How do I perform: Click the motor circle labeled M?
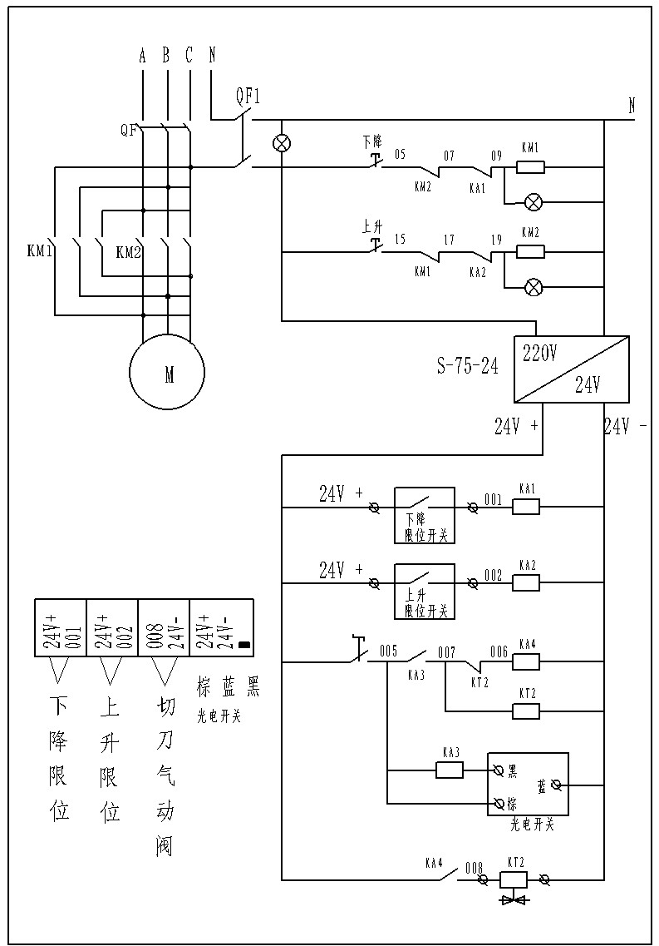point(167,374)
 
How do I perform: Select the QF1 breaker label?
point(248,96)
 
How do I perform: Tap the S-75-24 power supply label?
point(468,366)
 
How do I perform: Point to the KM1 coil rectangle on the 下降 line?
point(530,167)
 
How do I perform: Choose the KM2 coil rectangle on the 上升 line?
point(530,251)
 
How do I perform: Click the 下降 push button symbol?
point(375,158)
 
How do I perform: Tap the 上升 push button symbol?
point(375,242)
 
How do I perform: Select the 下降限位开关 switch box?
point(424,515)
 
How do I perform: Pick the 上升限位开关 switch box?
point(424,591)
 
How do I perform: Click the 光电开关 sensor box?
point(528,785)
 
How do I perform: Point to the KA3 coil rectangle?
point(450,770)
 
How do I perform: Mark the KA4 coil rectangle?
point(526,661)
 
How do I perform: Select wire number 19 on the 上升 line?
point(496,240)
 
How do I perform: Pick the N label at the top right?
point(632,106)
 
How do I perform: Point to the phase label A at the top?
point(143,56)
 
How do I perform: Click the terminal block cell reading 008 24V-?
point(164,626)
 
